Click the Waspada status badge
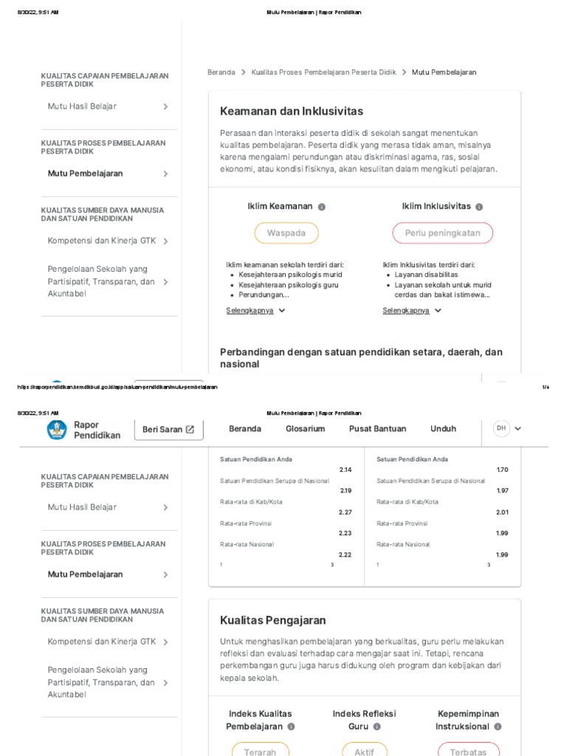(286, 233)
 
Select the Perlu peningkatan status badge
(442, 233)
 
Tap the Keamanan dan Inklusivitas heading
(292, 111)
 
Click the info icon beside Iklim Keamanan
(322, 207)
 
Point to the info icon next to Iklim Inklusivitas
(479, 207)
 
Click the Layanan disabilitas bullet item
(426, 275)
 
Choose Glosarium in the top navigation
(305, 429)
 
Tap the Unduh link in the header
(443, 429)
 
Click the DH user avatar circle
(501, 428)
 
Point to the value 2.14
(346, 470)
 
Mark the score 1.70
(502, 470)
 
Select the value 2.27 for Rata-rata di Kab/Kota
(346, 512)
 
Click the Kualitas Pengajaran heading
(272, 620)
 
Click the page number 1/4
(546, 387)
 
